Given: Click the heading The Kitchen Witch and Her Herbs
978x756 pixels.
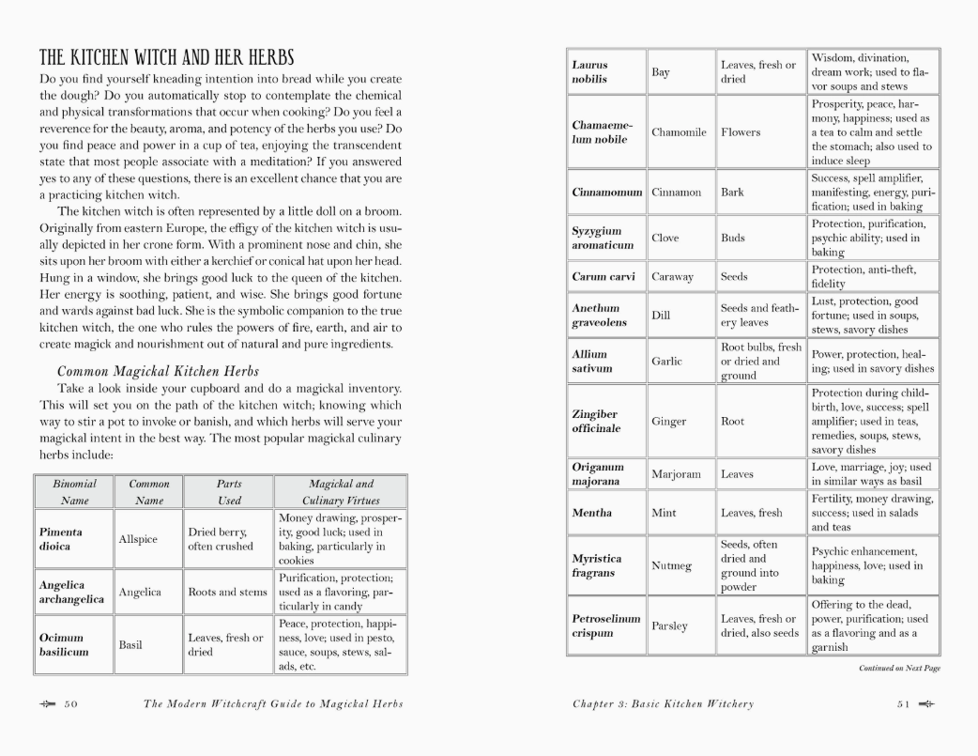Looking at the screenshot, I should pos(166,57).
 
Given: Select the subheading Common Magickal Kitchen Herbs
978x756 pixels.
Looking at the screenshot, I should pos(158,371).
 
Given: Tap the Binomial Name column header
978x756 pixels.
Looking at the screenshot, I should pos(74,492).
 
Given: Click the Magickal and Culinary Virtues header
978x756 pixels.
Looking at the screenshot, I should pos(340,492).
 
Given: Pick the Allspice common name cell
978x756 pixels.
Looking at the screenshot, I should pos(138,539).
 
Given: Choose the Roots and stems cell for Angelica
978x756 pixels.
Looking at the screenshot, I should pos(228,593).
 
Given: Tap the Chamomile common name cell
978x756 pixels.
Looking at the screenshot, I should pos(679,132).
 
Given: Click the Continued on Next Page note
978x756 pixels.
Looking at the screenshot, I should pos(899,669).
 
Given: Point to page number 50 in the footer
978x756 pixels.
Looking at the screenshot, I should pos(70,704).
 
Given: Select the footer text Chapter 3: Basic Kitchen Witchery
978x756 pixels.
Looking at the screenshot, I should pos(663,704).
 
